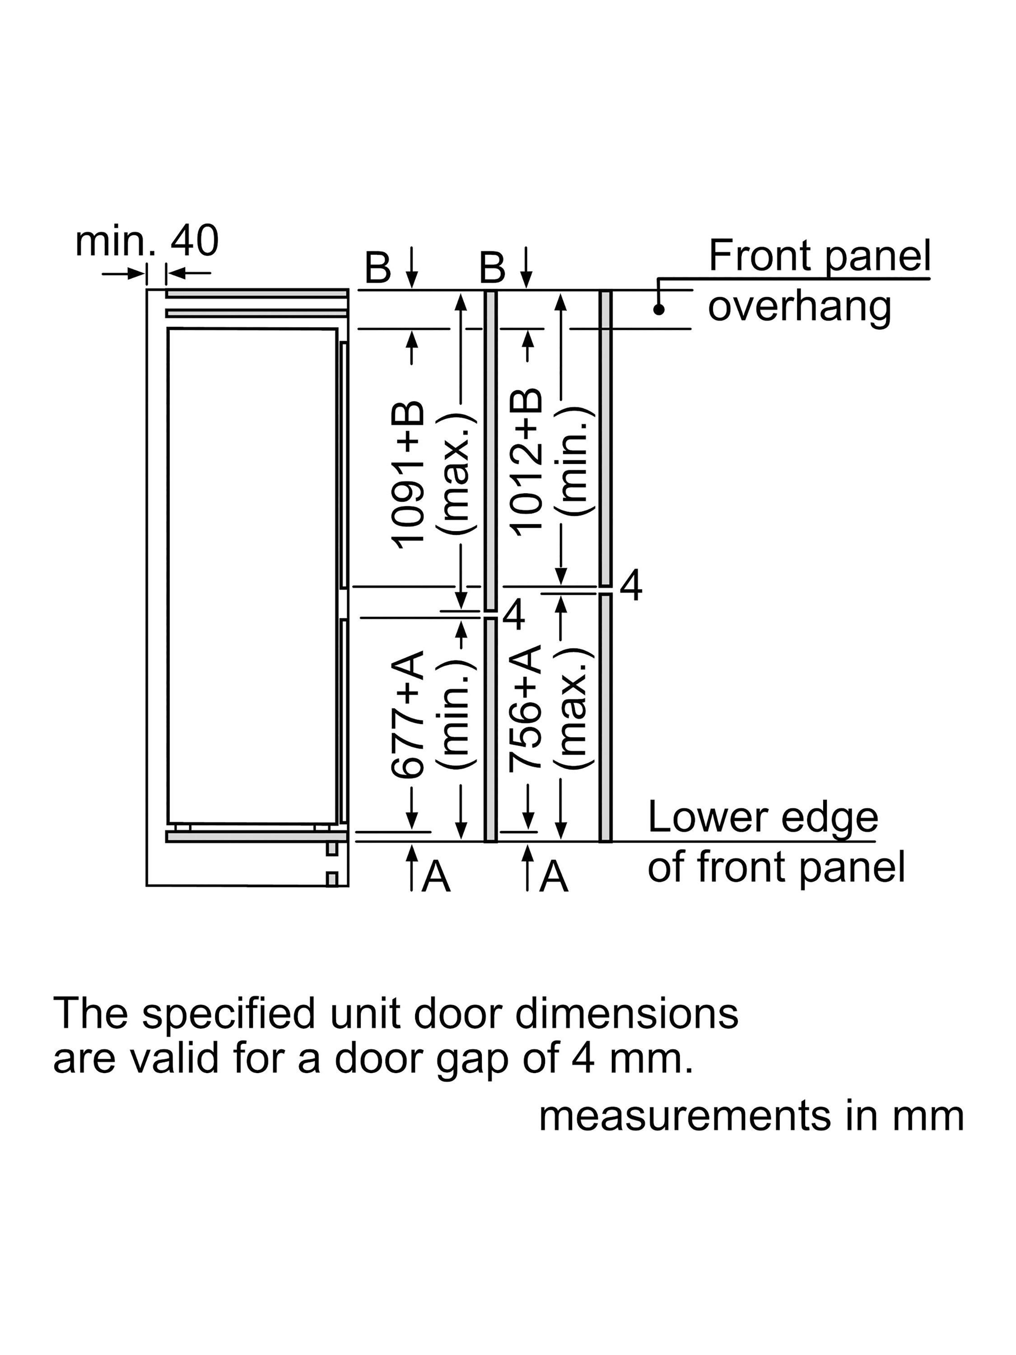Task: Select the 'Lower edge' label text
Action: coord(763,818)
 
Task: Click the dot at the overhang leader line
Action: coord(659,309)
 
